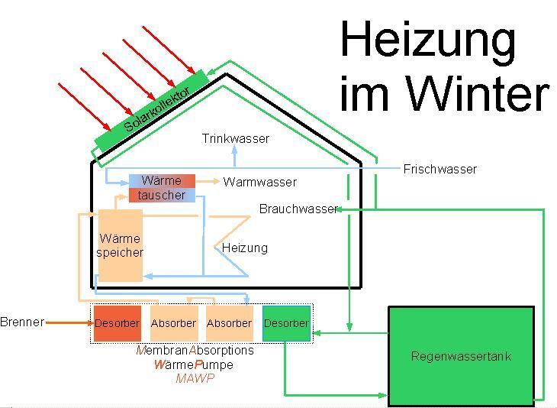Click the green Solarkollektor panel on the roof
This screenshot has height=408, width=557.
[x=151, y=112]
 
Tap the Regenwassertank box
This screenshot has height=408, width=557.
[x=461, y=355]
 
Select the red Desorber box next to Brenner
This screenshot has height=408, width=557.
[x=117, y=323]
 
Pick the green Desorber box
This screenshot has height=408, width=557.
[x=286, y=323]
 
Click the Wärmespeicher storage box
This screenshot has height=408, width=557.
[x=120, y=245]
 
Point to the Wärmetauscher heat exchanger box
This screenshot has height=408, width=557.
[x=161, y=188]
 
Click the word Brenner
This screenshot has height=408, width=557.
[x=22, y=322]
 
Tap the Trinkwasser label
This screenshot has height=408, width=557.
[x=235, y=139]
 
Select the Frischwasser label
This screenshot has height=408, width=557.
[x=439, y=170]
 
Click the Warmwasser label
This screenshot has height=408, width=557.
[x=259, y=183]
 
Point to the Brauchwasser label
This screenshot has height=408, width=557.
[x=297, y=209]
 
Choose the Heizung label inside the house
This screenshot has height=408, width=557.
[x=244, y=248]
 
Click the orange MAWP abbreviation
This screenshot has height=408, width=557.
[x=195, y=378]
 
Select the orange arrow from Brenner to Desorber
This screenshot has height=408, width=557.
[x=68, y=322]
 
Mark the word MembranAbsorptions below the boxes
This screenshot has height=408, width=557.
[x=195, y=351]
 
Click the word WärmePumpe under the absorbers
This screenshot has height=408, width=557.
[x=194, y=364]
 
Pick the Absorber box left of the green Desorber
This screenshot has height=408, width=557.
[x=229, y=323]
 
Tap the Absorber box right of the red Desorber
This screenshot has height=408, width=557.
[x=173, y=323]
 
